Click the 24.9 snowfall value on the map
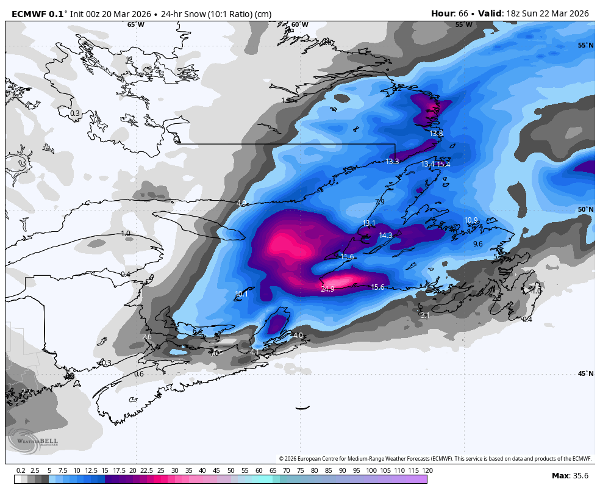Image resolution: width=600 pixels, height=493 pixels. (327, 289)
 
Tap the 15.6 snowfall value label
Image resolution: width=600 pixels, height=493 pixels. (377, 287)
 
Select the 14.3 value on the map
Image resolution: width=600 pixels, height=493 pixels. (385, 236)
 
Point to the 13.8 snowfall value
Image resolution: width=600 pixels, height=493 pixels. (436, 134)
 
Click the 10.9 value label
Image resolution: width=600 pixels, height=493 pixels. (471, 220)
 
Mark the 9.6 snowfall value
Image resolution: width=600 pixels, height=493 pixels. (477, 244)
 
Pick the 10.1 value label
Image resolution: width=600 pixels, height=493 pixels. (241, 294)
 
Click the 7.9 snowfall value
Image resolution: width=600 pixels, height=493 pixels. (379, 202)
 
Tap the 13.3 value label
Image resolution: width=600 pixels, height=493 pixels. (392, 162)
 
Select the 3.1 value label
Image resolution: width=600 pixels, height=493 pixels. (425, 315)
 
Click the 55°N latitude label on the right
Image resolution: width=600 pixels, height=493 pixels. (585, 46)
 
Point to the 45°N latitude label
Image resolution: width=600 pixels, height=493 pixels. (585, 374)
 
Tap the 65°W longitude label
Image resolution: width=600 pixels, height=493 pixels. (135, 25)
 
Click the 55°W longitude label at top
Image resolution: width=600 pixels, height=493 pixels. (463, 25)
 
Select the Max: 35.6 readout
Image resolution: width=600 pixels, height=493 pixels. (570, 476)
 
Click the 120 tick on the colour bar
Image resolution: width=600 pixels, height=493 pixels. (427, 470)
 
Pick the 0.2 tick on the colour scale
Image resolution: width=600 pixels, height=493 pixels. (21, 470)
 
